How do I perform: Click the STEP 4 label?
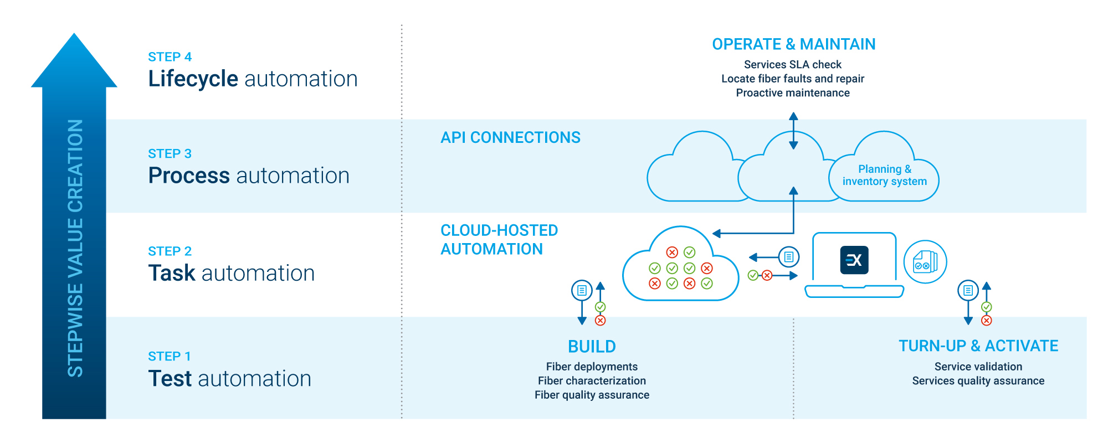point(170,57)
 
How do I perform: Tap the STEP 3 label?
point(170,154)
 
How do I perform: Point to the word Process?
point(188,176)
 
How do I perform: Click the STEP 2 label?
point(170,251)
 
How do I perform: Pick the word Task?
point(172,273)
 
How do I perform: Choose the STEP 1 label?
point(169,356)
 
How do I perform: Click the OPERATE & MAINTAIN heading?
point(793,44)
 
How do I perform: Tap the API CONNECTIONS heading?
point(510,137)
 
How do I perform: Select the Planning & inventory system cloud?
point(884,176)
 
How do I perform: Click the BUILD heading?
point(592,347)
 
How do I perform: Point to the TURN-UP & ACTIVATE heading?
point(978,346)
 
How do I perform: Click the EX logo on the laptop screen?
point(854,260)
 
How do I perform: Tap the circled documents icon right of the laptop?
point(925,262)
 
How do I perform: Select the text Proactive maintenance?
point(792,93)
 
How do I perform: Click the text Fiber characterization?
point(592,381)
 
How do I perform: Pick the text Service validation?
point(978,367)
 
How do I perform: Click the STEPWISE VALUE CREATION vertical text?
point(75,248)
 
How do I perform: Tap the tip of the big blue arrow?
point(74,35)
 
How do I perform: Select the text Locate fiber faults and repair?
point(792,79)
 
